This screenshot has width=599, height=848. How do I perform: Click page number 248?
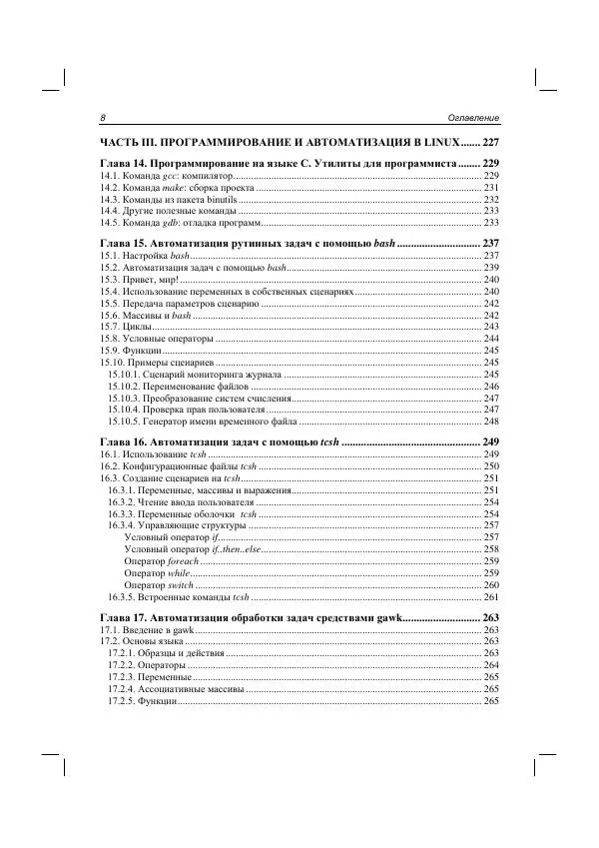click(x=490, y=423)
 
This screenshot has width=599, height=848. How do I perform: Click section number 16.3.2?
click(x=124, y=501)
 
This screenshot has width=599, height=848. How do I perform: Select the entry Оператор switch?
click(x=159, y=585)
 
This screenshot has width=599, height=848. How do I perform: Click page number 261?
click(x=490, y=597)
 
